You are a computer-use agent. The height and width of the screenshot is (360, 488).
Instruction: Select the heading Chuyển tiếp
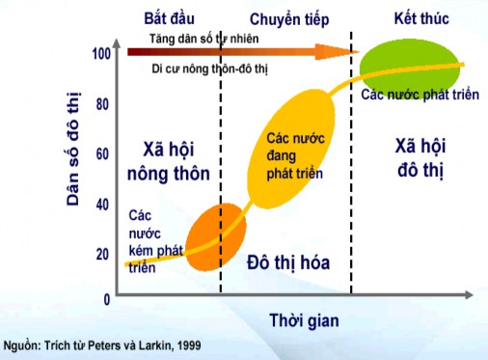point(287,18)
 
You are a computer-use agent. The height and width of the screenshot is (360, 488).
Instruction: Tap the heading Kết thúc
point(417,18)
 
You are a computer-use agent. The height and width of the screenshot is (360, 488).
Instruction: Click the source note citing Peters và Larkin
point(114,345)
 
